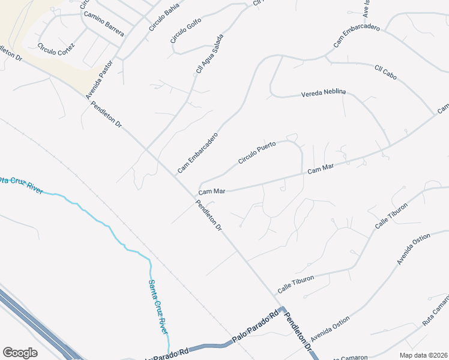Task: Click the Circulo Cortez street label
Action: pyautogui.click(x=56, y=47)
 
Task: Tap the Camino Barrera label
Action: pyautogui.click(x=104, y=23)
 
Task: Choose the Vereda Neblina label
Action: pyautogui.click(x=324, y=94)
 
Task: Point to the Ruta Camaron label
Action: pyautogui.click(x=435, y=310)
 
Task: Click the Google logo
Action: pyautogui.click(x=20, y=352)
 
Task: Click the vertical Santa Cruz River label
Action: pyautogui.click(x=159, y=307)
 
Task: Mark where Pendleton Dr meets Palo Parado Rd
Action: pyautogui.click(x=282, y=309)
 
